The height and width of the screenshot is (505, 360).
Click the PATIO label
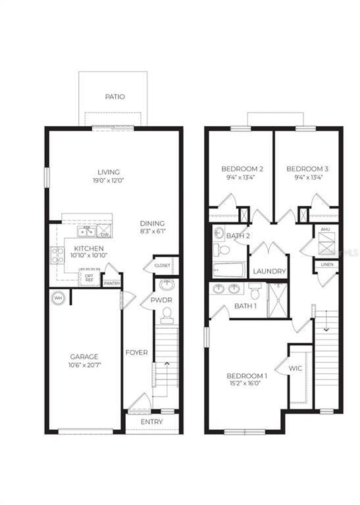115,97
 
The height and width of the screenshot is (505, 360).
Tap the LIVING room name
109,172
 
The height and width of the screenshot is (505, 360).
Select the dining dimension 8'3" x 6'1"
152,231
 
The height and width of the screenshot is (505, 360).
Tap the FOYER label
136,352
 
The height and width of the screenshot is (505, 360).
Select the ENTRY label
152,421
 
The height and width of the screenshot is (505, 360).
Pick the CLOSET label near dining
162,265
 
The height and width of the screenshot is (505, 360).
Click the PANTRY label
112,283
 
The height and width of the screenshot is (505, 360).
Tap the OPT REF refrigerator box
90,278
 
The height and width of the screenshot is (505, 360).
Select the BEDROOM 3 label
307,169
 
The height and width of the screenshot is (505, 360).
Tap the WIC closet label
295,368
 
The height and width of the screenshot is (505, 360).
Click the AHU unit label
326,229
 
